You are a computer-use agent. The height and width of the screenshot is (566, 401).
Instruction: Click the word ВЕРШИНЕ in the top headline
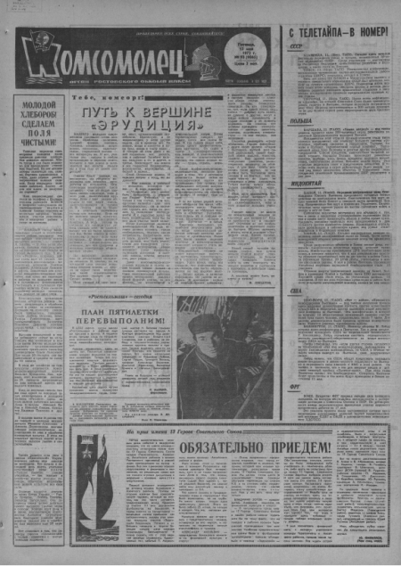point(177,112)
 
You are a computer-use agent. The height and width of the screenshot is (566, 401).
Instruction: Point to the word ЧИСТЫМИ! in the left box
point(41,140)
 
